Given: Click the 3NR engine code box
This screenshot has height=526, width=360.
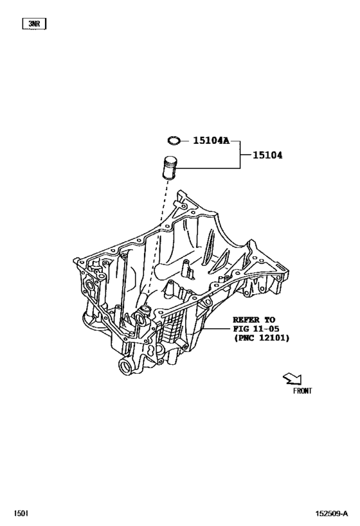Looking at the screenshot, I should click(34, 24).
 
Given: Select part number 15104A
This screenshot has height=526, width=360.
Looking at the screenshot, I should click(208, 139).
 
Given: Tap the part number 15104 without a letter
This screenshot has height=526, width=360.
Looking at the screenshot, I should click(267, 155).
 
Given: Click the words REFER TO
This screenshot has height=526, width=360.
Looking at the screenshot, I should click(253, 319).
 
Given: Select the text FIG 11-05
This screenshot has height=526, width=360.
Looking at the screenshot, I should click(253, 328).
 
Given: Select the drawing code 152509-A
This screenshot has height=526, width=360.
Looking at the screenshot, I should click(331, 513).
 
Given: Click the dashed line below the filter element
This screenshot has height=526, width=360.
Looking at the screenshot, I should click(161, 225).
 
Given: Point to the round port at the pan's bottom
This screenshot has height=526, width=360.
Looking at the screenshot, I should click(125, 367).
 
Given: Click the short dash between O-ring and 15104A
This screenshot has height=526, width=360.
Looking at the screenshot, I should click(184, 139).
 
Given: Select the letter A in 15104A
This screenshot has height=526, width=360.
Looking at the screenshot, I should click(226, 139).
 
